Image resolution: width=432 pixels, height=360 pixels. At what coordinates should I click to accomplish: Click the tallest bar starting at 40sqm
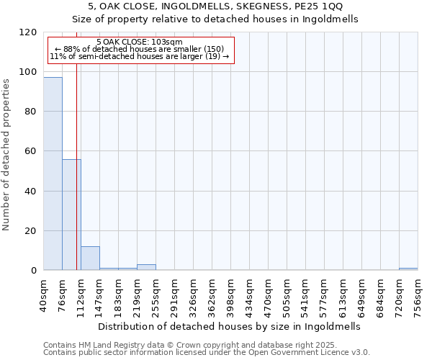53,174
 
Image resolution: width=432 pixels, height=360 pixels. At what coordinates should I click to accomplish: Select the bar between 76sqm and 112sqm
71,215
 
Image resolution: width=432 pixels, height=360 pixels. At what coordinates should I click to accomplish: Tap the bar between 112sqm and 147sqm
90,258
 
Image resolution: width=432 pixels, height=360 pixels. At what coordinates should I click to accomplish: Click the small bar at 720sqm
408,269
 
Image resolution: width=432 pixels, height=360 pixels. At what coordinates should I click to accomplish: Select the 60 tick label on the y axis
31,152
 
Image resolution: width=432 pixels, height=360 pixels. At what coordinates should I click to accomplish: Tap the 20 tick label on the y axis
31,231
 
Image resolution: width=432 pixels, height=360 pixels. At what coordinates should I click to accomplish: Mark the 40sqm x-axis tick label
43,294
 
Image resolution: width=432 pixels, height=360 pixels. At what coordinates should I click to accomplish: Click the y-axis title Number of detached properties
6,155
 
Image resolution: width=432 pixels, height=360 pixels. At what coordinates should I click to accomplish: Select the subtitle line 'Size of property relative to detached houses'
215,19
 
